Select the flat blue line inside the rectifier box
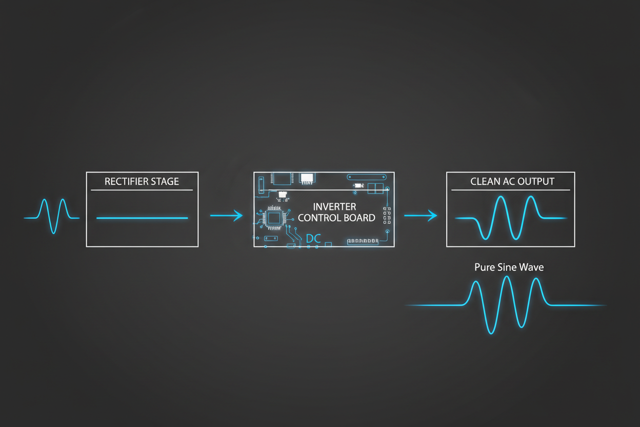coord(142,218)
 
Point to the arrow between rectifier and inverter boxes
coord(226,216)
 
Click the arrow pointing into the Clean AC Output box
coord(421,216)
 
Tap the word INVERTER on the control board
coord(334,207)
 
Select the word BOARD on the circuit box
coord(358,218)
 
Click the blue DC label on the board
coord(313,239)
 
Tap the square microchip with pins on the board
coord(274,218)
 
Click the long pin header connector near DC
coord(363,241)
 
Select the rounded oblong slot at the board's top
coord(366,177)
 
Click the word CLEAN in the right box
coord(485,182)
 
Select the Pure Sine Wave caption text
coord(509,267)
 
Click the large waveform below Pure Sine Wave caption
coord(506,304)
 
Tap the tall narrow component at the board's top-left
coord(261,185)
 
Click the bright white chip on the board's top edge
coord(307,179)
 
